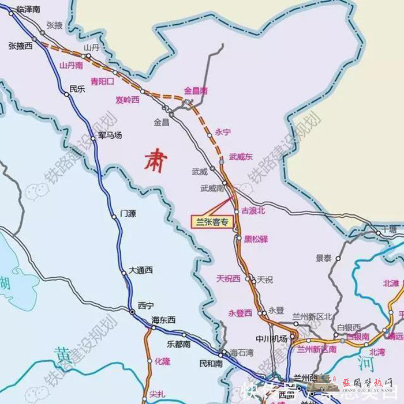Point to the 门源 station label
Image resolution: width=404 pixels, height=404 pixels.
pyautogui.click(x=128, y=213)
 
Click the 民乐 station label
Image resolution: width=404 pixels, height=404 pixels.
pyautogui.click(x=77, y=89)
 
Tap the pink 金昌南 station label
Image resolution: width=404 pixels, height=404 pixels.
pyautogui.click(x=196, y=90)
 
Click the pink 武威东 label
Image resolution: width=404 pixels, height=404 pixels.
pyautogui.click(x=241, y=156)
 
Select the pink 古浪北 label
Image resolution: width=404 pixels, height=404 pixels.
pyautogui.click(x=252, y=211)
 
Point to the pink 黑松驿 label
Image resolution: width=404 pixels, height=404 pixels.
pyautogui.click(x=255, y=237)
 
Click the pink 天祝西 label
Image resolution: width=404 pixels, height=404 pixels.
pyautogui.click(x=228, y=279)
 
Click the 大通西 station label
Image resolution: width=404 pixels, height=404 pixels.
pyautogui.click(x=141, y=270)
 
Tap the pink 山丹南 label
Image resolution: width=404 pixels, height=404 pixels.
pyautogui.click(x=72, y=66)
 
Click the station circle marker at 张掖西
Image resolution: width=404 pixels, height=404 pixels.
pyautogui.click(x=34, y=39)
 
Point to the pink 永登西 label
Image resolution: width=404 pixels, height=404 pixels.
pyautogui.click(x=240, y=313)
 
